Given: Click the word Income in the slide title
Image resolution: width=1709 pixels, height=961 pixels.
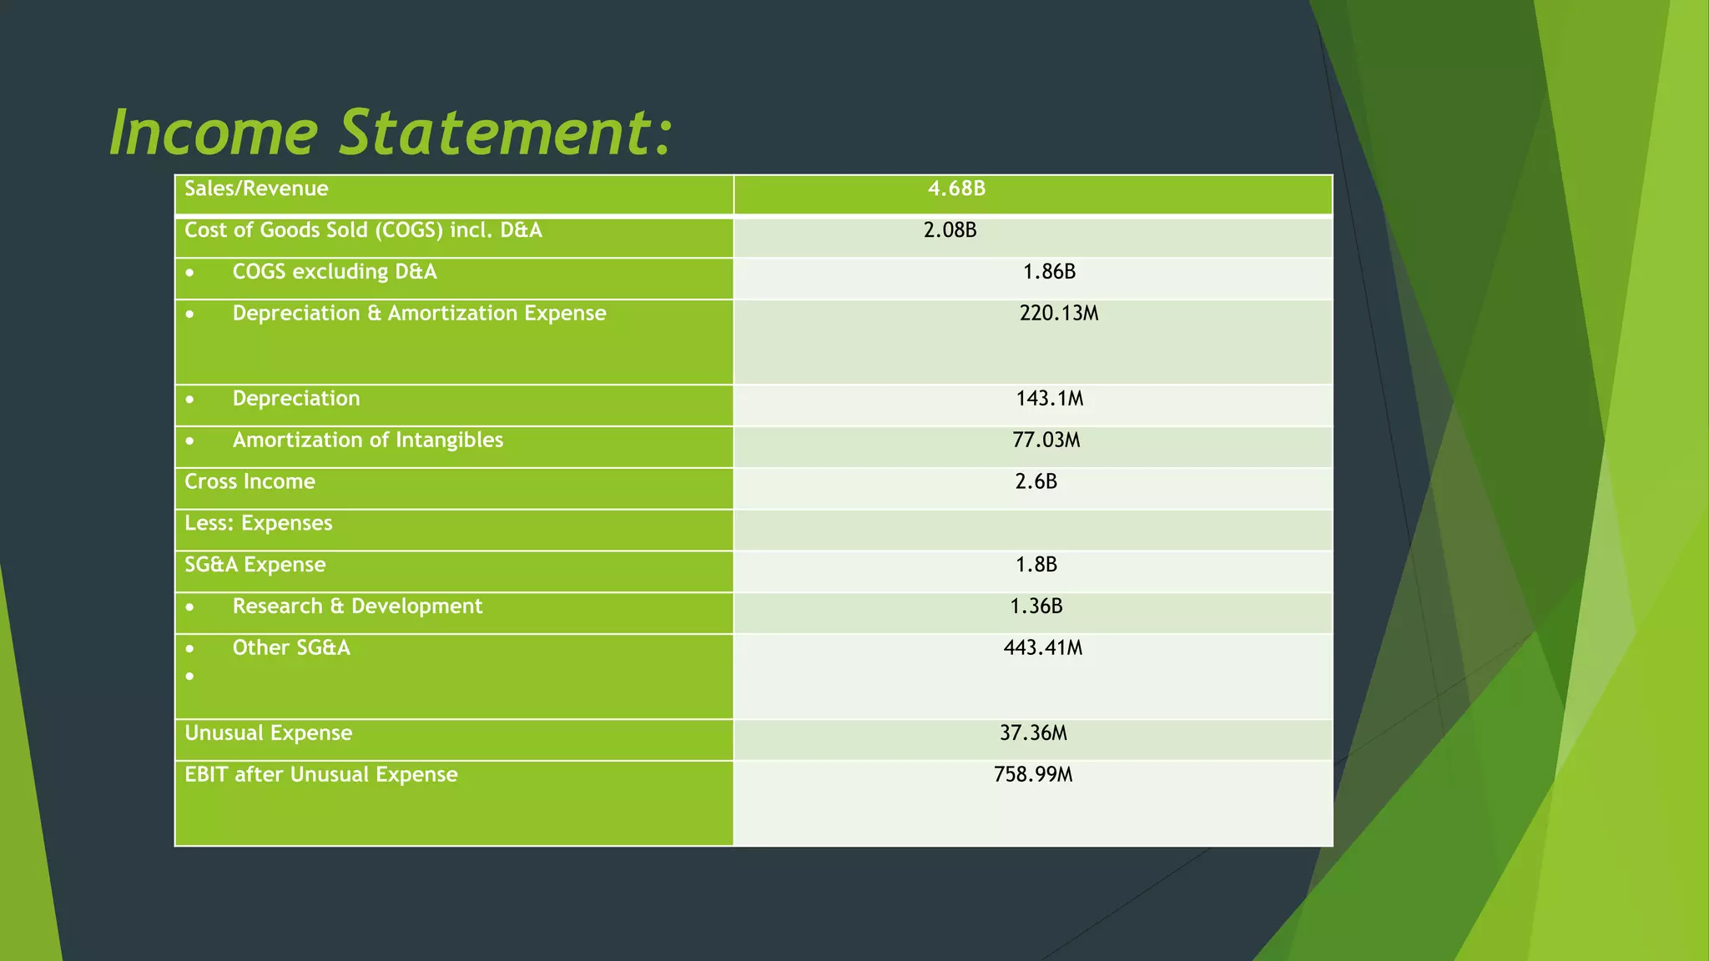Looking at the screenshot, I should click(x=214, y=133).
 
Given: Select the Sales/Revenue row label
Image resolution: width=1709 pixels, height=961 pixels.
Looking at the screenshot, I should click(x=256, y=189).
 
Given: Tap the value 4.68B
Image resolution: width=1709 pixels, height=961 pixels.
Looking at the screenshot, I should click(x=956, y=189).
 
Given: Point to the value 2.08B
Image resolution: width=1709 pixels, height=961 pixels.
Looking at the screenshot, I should click(x=950, y=231).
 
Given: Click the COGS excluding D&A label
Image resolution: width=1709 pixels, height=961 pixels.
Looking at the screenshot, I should click(x=334, y=273).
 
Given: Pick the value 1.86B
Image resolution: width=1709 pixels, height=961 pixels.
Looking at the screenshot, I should click(x=1049, y=273).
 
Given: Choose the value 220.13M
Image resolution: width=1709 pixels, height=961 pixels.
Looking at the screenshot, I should click(x=1058, y=314).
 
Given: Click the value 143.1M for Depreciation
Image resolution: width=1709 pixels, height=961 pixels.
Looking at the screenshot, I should click(x=1049, y=399).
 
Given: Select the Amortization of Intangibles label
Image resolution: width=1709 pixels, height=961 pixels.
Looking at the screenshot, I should click(x=367, y=440).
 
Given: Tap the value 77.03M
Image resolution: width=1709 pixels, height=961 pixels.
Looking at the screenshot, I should click(x=1046, y=440).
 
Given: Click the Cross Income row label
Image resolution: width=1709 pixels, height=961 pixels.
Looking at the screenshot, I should click(x=250, y=482).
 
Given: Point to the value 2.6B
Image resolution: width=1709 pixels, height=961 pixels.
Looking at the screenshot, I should click(x=1036, y=482).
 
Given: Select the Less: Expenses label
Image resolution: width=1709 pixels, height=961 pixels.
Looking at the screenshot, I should click(x=258, y=524).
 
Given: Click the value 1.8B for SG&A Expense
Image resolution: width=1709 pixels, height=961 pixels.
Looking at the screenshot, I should click(x=1036, y=566).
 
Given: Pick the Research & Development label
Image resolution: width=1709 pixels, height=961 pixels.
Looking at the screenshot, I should click(x=357, y=606).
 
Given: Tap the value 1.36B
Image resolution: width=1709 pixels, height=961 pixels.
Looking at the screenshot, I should click(x=1036, y=606).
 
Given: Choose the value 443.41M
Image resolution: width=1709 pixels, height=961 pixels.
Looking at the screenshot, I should click(x=1042, y=648).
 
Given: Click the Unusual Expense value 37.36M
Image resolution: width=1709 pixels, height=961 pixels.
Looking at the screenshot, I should click(x=1033, y=733).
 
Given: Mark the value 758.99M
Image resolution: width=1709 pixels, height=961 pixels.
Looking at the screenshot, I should click(x=1033, y=775).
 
